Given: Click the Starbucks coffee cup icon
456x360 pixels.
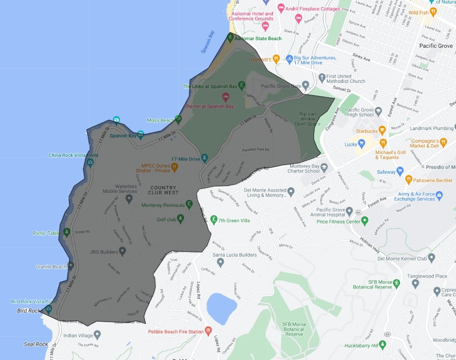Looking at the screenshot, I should click(382, 130).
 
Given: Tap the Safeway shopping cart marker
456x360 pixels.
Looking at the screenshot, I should click(400, 171).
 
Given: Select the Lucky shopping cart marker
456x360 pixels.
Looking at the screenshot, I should click(361, 144).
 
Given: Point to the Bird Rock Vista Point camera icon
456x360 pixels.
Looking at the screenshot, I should click(48, 309).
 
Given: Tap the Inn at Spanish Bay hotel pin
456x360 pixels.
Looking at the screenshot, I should click(226, 96).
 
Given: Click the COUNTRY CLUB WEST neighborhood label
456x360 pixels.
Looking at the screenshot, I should click(163, 190).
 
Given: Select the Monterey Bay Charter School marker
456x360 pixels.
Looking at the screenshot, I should click(324, 167).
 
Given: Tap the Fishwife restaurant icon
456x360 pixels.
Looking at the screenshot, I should click(276, 59).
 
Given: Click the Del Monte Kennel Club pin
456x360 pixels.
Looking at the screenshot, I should click(432, 258).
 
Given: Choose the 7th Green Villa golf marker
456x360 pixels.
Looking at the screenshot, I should click(214, 219).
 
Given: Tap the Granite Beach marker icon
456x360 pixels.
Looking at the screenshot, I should click(71, 265).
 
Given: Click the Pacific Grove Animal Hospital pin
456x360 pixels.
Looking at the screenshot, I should click(349, 212).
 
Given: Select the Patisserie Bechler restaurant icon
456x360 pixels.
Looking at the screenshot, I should click(409, 179).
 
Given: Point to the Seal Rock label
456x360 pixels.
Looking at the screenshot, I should click(36, 344).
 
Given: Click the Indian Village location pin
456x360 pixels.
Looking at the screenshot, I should click(97, 335).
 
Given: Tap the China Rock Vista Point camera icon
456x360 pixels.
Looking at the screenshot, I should click(90, 163).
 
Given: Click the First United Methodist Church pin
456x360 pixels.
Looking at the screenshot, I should click(322, 78).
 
